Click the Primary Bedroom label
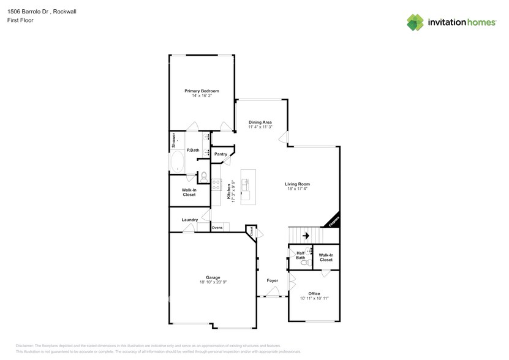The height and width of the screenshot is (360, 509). (x=202, y=91)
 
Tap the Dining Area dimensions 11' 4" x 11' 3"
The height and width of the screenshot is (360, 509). (x=260, y=127)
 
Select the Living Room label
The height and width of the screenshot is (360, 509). (x=297, y=184)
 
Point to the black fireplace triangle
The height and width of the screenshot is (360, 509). (x=333, y=223)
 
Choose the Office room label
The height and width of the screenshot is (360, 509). (x=314, y=293)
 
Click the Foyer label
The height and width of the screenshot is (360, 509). (x=273, y=280)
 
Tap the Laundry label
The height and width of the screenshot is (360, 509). (x=189, y=220)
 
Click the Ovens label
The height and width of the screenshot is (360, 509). (x=217, y=228)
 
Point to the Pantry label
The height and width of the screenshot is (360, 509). (x=221, y=154)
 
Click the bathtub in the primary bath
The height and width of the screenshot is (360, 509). (x=178, y=162)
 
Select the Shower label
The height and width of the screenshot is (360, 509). (x=173, y=140)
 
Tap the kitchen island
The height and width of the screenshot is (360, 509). (x=248, y=187)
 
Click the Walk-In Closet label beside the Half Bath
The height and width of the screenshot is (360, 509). (x=326, y=257)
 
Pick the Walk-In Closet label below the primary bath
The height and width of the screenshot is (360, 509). (x=189, y=192)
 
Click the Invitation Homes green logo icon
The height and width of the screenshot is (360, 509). (x=416, y=22)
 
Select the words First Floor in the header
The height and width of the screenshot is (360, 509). (x=20, y=20)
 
